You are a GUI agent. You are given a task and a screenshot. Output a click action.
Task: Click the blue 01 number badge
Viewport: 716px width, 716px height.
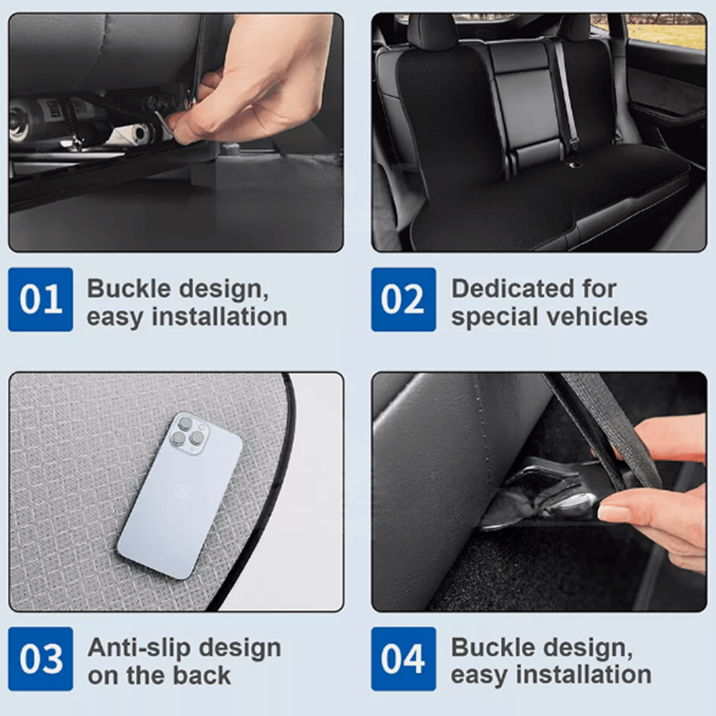40,299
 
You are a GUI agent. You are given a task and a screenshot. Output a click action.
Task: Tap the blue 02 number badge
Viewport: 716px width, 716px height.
403,299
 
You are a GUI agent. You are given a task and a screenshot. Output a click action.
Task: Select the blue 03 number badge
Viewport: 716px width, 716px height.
40,659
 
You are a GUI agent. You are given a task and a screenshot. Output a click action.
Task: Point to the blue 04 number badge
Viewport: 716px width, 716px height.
403,659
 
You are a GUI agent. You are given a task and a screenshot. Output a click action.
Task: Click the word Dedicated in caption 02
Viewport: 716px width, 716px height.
511,289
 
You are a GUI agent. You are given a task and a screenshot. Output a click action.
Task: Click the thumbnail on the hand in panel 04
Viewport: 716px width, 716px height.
614,513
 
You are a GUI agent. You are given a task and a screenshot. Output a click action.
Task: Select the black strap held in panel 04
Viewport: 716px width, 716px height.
601,430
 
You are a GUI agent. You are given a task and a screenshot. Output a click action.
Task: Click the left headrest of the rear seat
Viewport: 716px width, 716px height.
432,32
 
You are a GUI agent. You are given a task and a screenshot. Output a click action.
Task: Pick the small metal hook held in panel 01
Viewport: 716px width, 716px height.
166,123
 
